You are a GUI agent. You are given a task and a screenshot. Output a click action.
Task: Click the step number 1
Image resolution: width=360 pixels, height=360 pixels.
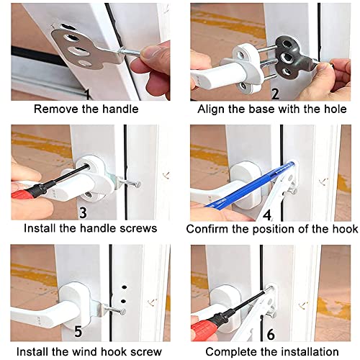click(x=87, y=94)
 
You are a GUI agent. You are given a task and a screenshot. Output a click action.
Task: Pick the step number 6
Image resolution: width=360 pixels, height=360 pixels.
click(x=270, y=333)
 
